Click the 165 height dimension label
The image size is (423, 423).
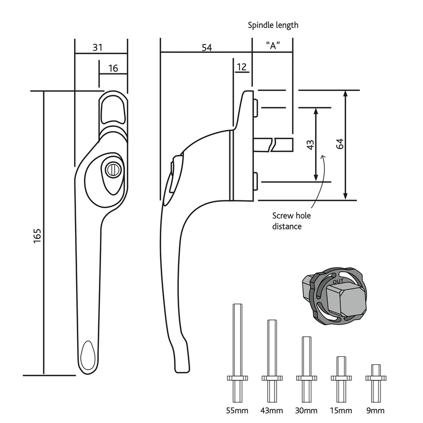click(x=36, y=236)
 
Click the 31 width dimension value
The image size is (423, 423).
click(x=97, y=47)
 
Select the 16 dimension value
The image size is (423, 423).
click(x=113, y=68)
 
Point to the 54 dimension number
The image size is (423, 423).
click(x=206, y=48)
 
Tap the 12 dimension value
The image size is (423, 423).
click(x=242, y=67)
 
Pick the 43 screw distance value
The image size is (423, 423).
click(x=310, y=144)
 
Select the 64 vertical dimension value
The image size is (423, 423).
click(x=340, y=143)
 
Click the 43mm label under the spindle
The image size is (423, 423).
click(x=271, y=411)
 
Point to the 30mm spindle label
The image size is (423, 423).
click(x=307, y=411)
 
